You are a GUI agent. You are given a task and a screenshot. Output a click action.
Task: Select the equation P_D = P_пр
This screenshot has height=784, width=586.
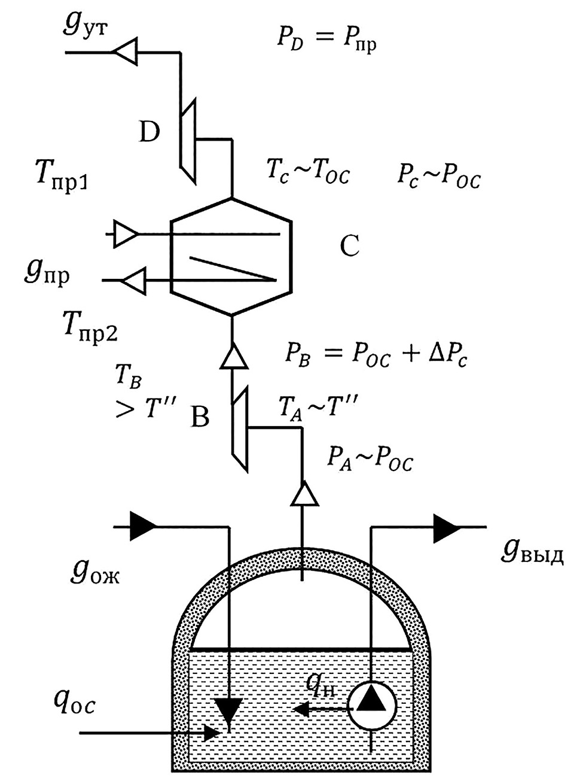(326, 39)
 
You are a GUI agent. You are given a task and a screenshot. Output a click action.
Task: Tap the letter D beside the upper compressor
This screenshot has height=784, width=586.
(149, 131)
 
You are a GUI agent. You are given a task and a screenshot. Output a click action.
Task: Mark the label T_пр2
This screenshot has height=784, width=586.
(90, 328)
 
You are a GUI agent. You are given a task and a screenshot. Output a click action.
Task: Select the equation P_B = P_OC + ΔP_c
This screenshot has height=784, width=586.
(376, 357)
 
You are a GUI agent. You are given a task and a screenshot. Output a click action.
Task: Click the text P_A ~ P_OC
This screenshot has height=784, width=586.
(370, 460)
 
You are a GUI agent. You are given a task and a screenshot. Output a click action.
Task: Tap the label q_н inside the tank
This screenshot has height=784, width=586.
(318, 683)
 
